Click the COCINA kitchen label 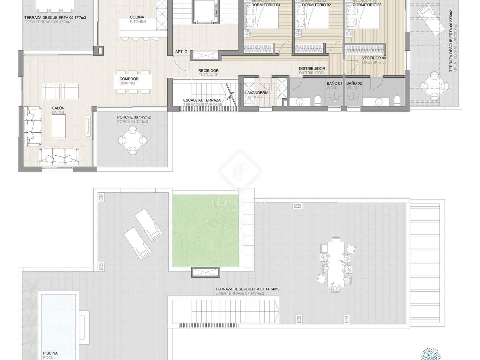point(137,17)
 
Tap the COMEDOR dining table point(133,82)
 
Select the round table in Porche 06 point(132,140)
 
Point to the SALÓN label point(58,108)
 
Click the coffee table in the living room point(59,126)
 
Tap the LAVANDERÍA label point(256,93)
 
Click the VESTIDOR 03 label point(374,58)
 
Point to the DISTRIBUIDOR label point(312,69)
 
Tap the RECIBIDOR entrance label point(208,71)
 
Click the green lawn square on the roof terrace point(206,231)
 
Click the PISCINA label point(50,353)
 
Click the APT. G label point(181,52)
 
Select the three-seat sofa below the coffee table point(59,156)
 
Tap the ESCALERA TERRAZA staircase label point(202,100)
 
